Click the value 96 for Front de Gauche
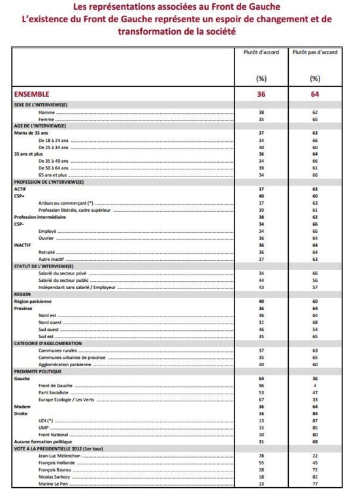[261, 386]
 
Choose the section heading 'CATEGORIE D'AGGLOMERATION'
[48, 343]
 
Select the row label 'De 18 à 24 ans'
[53, 140]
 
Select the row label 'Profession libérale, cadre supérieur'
[74, 210]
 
